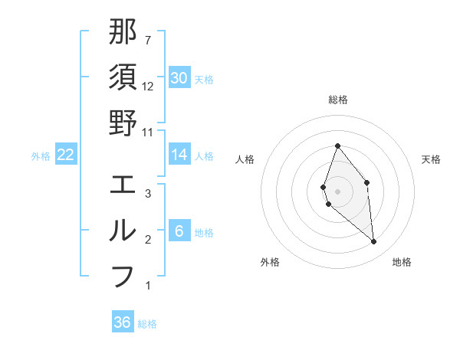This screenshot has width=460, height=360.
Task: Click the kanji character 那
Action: pyautogui.click(x=123, y=32)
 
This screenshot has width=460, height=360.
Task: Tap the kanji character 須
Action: pyautogui.click(x=123, y=77)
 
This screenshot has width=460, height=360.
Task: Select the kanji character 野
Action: pyautogui.click(x=123, y=123)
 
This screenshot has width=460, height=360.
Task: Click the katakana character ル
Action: pyautogui.click(x=123, y=231)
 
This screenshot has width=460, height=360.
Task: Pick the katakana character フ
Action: pyautogui.click(x=123, y=276)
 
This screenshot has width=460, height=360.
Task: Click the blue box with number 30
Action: pyautogui.click(x=179, y=78)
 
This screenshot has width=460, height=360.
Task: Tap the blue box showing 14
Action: pyautogui.click(x=179, y=155)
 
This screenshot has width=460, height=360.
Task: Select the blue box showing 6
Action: pyautogui.click(x=179, y=231)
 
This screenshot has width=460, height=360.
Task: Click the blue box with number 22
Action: pyautogui.click(x=66, y=155)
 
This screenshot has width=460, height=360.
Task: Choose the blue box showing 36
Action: pyautogui.click(x=123, y=322)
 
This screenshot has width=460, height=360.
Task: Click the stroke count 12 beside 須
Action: pyautogui.click(x=148, y=87)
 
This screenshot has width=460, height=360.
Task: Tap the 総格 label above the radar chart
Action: pyautogui.click(x=338, y=100)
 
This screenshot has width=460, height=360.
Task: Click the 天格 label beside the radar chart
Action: pyautogui.click(x=432, y=159)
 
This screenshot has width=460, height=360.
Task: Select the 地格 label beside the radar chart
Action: pyautogui.click(x=402, y=263)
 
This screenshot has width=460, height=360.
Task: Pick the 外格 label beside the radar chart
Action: pyautogui.click(x=270, y=263)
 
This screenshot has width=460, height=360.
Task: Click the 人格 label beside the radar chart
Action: pyautogui.click(x=245, y=159)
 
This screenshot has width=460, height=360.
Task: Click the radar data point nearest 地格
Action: pyautogui.click(x=374, y=242)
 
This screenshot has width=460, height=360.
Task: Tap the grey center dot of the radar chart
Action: pyautogui.click(x=338, y=191)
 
